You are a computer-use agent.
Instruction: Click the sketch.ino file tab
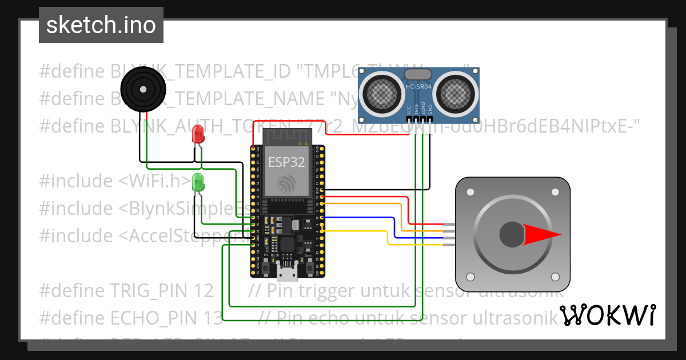(x=101, y=25)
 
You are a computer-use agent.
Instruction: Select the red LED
(x=198, y=135)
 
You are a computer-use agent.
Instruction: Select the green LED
(x=198, y=183)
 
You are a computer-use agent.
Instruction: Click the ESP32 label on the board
(x=286, y=162)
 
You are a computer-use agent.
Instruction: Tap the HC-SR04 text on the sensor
(x=418, y=87)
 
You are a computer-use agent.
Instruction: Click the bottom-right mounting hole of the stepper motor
(x=555, y=277)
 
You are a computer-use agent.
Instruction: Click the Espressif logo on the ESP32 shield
(x=286, y=182)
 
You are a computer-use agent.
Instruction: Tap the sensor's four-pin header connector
(x=418, y=119)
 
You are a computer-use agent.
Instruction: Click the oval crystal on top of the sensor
(x=418, y=74)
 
